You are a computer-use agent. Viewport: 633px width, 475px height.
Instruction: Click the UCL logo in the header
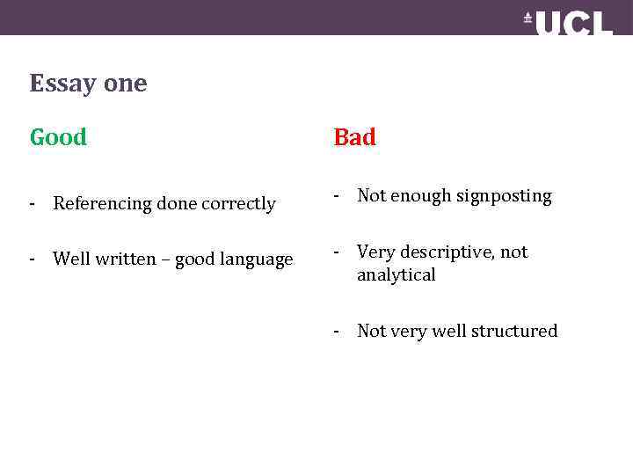[x=569, y=24]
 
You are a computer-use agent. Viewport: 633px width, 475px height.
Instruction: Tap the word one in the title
[x=125, y=84]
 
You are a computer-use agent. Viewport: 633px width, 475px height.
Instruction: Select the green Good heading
[x=58, y=138]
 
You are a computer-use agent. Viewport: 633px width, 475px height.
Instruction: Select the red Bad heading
[x=354, y=138]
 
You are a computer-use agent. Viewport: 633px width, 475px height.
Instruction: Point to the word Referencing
[x=102, y=204]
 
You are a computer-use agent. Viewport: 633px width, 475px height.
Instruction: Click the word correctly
[x=239, y=204]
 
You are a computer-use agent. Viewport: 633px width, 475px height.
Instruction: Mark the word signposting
[x=504, y=197]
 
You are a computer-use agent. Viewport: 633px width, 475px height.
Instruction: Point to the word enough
[x=420, y=196]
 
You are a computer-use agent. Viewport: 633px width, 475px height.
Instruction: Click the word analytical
[x=396, y=275]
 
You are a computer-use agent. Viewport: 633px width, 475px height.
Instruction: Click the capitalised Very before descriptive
[x=375, y=252]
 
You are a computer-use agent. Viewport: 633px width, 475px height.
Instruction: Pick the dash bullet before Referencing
[x=32, y=204]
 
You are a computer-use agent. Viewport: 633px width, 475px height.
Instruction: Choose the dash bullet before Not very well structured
[x=336, y=332]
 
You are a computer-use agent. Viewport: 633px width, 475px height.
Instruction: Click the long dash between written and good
[x=164, y=259]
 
